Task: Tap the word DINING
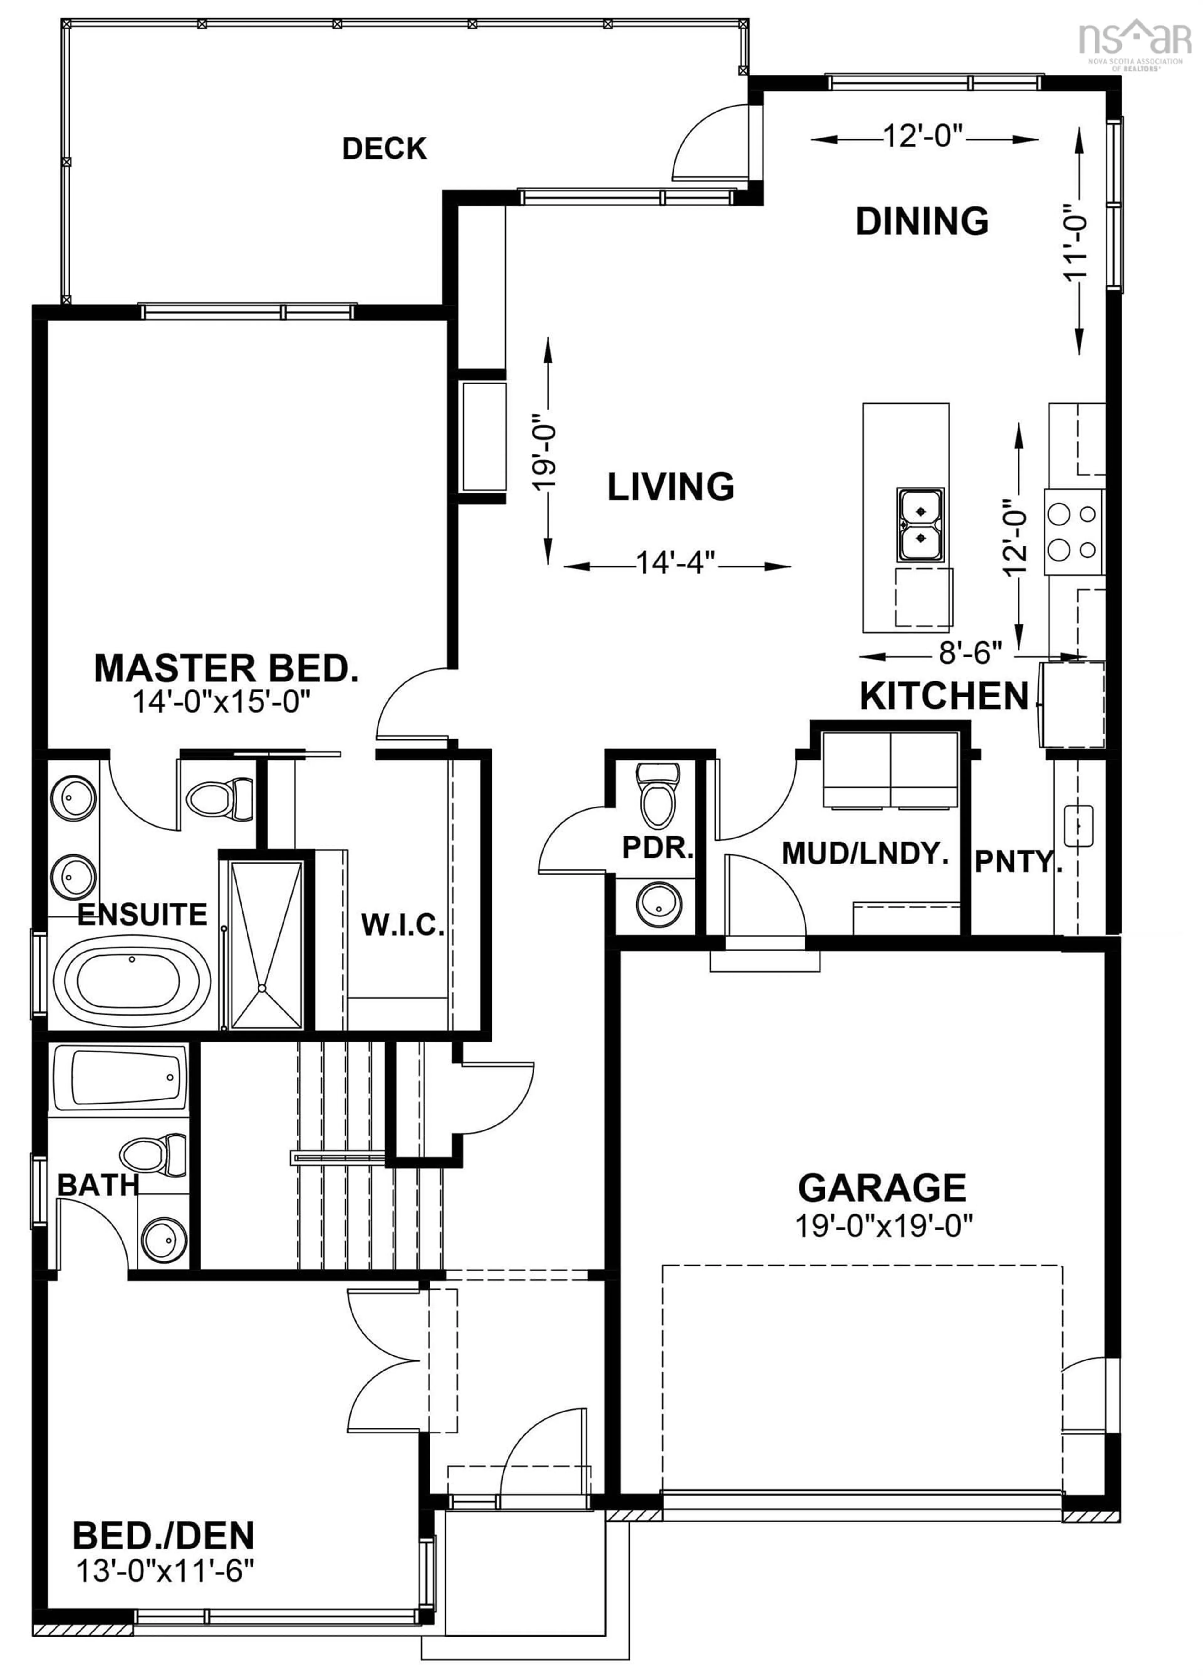tap(921, 221)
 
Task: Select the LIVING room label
tap(670, 486)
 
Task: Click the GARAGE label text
tap(882, 1188)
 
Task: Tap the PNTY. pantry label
tap(1018, 862)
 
